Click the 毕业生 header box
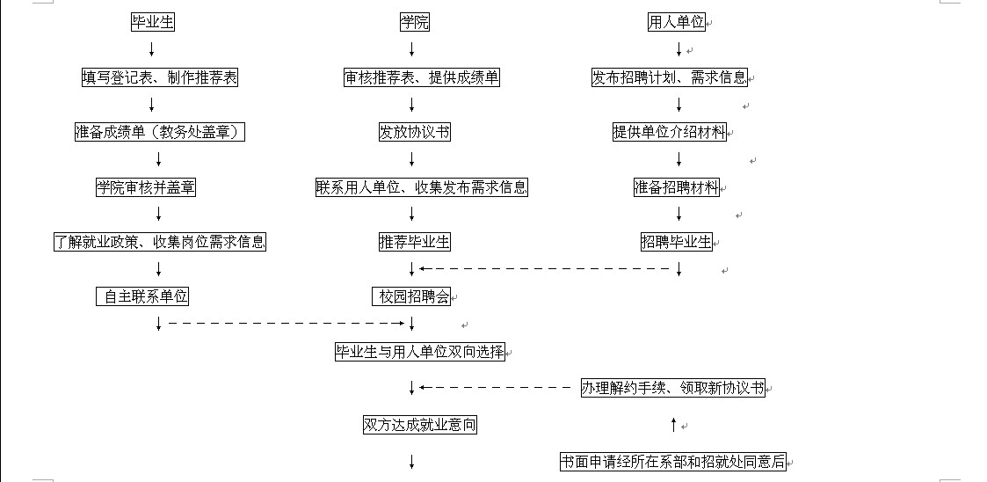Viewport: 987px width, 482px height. [x=152, y=23]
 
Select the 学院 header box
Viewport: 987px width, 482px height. [x=415, y=23]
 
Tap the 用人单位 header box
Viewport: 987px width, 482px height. [x=677, y=23]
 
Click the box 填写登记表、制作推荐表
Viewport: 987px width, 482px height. [x=160, y=77]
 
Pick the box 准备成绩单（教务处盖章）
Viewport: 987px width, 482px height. [x=160, y=132]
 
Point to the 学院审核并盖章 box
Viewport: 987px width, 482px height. [x=146, y=187]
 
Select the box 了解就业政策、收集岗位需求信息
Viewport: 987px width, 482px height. [x=160, y=242]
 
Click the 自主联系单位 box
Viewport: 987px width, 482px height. [x=142, y=296]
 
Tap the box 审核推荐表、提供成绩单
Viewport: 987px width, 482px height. [x=422, y=77]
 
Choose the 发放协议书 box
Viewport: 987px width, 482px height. [x=415, y=132]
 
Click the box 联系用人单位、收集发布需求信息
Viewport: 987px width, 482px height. [x=422, y=187]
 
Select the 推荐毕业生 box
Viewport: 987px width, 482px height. [x=415, y=242]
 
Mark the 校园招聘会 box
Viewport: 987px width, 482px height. [x=411, y=296]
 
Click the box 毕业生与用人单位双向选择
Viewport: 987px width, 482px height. [x=420, y=352]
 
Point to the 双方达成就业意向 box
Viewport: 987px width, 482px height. [x=420, y=426]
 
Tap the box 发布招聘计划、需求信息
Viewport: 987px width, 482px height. [x=670, y=77]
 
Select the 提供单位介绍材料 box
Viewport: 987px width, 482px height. [x=670, y=132]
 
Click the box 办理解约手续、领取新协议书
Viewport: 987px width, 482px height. [x=673, y=388]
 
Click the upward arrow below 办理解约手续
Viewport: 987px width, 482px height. [x=673, y=425]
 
